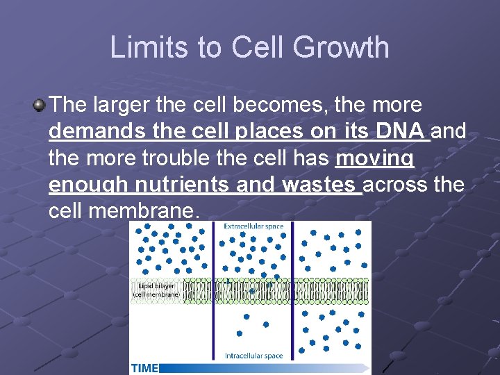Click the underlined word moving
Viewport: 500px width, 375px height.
[x=374, y=158]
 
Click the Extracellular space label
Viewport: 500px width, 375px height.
[x=253, y=226]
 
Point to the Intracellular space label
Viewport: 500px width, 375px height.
[x=253, y=356]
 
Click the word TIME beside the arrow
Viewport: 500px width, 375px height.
[x=144, y=367]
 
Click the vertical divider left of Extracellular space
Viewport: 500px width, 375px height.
[x=213, y=292]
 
